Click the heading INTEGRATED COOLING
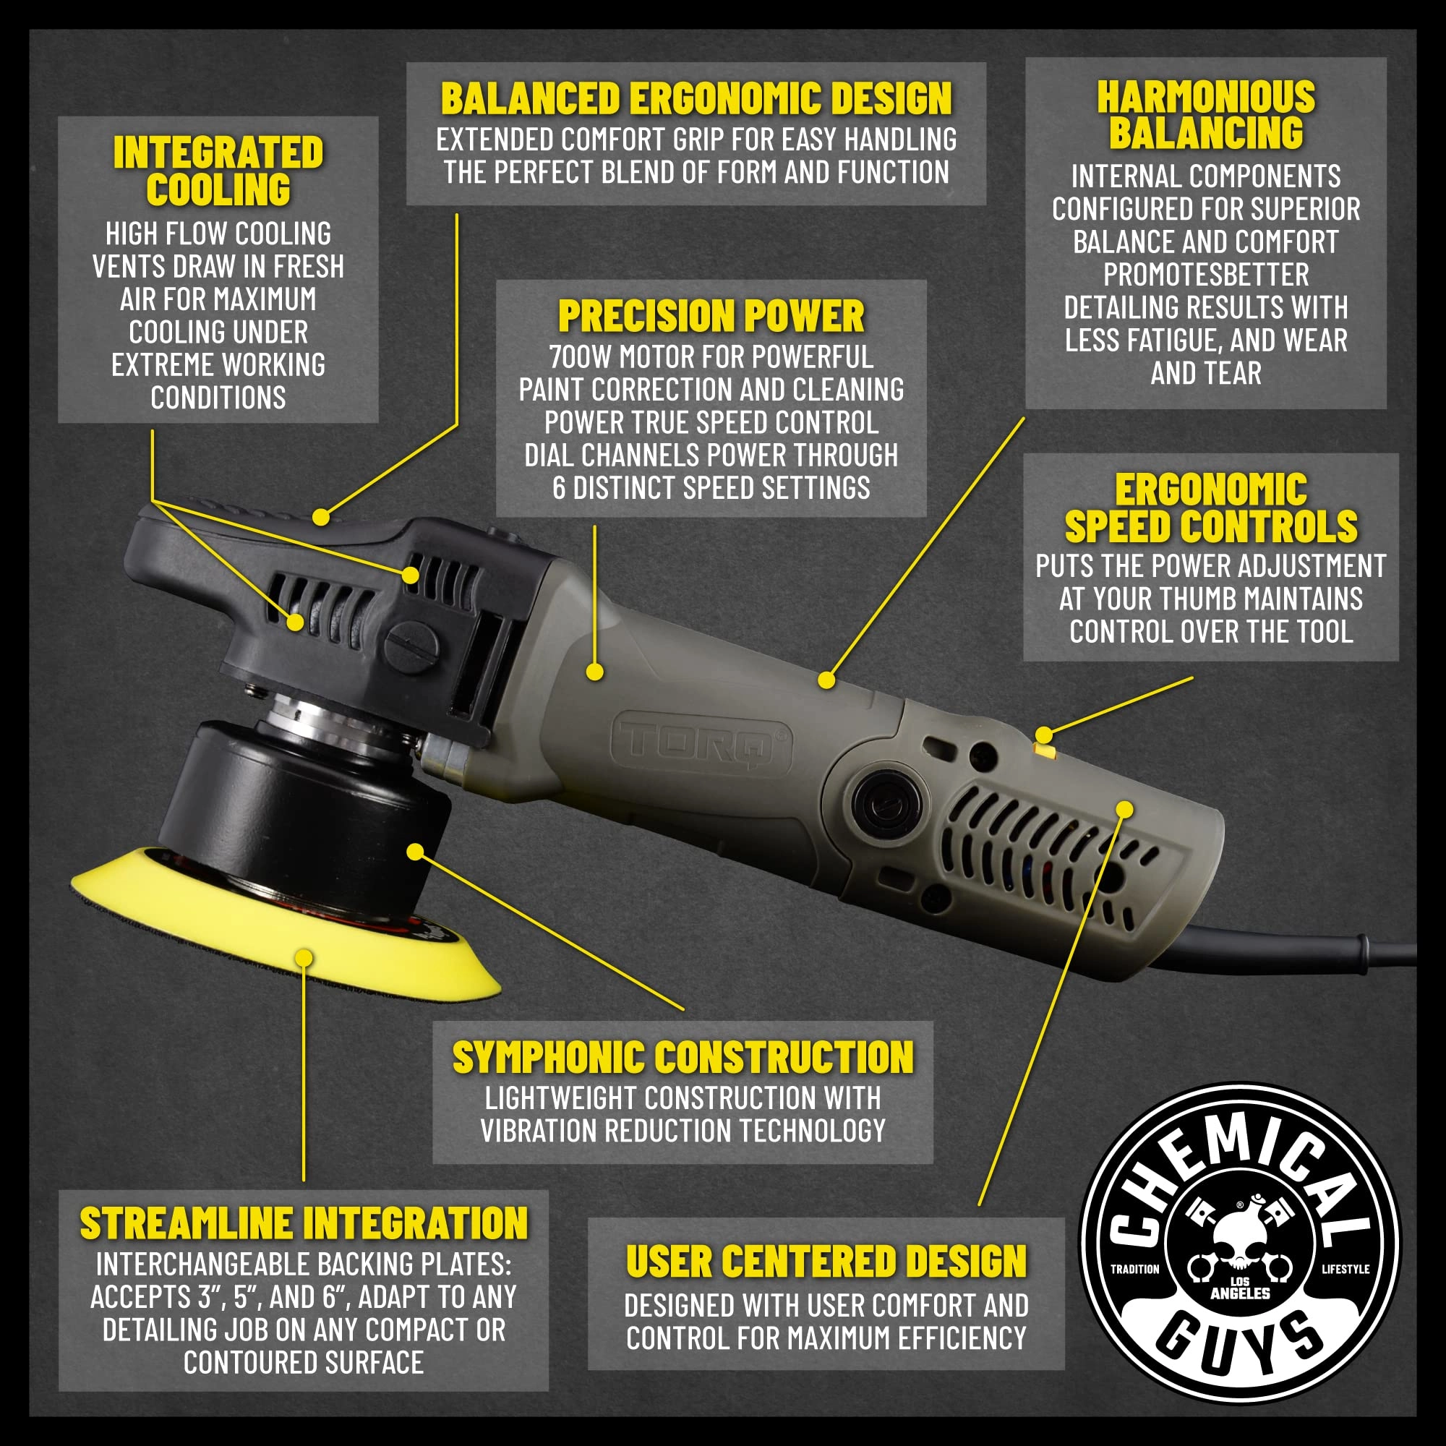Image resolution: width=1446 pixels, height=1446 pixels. (218, 171)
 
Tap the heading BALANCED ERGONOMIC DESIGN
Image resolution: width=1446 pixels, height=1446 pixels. (696, 99)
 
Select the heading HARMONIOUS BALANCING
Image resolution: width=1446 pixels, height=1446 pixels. (1206, 115)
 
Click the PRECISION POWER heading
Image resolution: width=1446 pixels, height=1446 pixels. (711, 316)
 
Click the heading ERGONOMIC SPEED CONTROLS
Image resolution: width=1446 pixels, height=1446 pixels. (1210, 508)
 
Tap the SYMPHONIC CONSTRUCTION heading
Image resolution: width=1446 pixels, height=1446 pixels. (683, 1058)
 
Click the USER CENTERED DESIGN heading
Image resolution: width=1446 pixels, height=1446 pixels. (826, 1261)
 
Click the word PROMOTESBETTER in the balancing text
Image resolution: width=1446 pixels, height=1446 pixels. (1206, 275)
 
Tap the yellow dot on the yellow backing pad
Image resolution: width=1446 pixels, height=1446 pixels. (304, 958)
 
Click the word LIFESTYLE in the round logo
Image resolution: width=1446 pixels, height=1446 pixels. (1345, 1269)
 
